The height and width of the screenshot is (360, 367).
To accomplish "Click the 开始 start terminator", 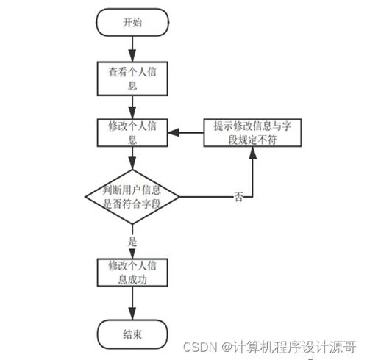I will [132, 22].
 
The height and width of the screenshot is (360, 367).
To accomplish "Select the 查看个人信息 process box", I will [132, 78].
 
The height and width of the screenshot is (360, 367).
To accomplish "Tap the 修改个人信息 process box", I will [132, 132].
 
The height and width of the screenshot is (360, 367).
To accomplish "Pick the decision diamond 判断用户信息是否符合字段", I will [132, 196].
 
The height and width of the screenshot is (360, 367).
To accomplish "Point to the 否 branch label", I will [238, 197].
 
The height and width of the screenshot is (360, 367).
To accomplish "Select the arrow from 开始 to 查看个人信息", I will [132, 48].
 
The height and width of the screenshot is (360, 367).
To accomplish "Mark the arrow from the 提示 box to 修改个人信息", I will [184, 132].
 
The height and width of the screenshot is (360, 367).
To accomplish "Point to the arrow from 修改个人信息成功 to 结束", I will [132, 303].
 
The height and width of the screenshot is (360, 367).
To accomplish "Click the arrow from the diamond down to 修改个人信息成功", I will [132, 248].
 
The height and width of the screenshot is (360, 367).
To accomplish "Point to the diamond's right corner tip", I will [179, 197].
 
